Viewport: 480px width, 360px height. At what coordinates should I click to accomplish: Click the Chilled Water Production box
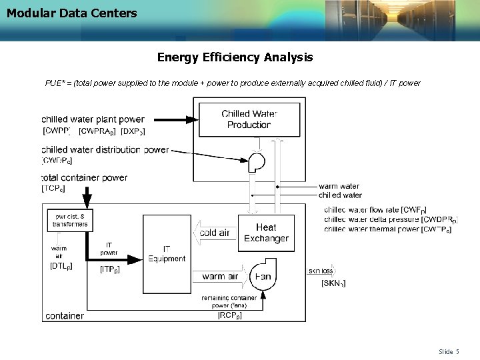[x=249, y=119]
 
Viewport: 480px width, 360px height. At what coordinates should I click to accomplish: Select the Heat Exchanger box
[x=266, y=233]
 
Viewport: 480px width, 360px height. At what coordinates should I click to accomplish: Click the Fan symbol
[x=261, y=276]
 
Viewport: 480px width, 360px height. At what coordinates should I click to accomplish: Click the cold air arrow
[x=213, y=233]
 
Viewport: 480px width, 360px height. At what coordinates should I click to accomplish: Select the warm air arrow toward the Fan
[x=219, y=276]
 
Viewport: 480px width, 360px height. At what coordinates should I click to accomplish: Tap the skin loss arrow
[x=322, y=271]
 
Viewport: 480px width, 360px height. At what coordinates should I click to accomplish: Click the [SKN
[x=333, y=284]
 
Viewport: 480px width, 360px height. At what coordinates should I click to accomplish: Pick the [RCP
[x=230, y=315]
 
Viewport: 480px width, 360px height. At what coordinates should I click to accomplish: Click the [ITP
[x=110, y=269]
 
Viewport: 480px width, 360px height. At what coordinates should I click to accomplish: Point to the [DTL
[x=61, y=265]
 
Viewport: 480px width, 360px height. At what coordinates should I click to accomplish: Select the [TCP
[x=53, y=189]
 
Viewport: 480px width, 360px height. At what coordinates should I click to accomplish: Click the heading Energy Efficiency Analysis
[x=235, y=57]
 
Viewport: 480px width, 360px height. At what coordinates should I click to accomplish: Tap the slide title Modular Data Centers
[x=72, y=13]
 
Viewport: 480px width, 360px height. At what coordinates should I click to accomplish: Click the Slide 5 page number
[x=449, y=351]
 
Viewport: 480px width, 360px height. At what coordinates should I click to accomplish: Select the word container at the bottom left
[x=65, y=315]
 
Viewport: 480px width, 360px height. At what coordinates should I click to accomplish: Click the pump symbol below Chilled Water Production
[x=255, y=161]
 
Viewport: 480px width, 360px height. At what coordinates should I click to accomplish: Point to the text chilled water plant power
[x=93, y=120]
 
